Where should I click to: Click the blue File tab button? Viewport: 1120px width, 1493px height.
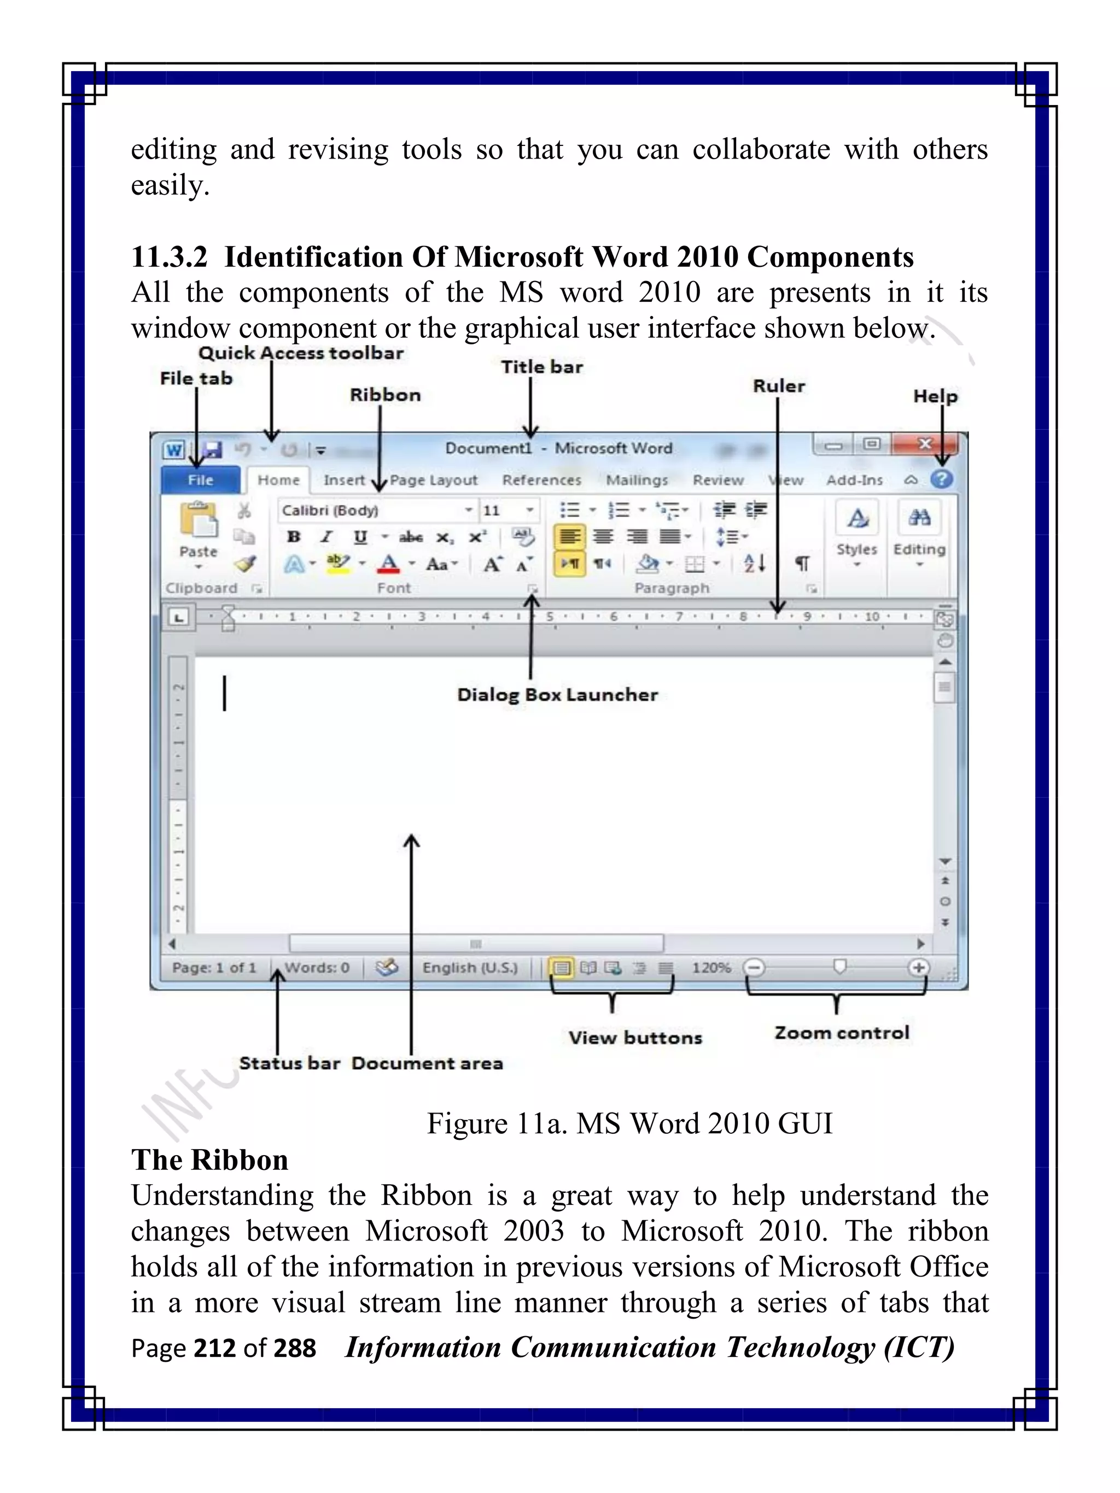point(201,480)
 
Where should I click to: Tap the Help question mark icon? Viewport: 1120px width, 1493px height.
point(941,479)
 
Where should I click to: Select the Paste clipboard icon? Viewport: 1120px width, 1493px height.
point(198,520)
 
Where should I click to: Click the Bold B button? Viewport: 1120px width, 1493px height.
point(293,537)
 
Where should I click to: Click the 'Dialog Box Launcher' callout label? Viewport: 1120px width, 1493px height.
point(557,694)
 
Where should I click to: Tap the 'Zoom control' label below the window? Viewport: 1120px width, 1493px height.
point(841,1033)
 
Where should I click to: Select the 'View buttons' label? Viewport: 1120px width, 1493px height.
point(634,1038)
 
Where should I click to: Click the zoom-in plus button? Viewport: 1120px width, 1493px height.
point(918,968)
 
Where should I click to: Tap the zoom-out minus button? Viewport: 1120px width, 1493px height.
point(754,968)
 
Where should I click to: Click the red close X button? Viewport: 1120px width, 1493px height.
point(924,444)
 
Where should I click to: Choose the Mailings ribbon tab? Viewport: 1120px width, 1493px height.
point(637,480)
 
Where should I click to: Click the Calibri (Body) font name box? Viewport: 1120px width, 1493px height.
point(371,510)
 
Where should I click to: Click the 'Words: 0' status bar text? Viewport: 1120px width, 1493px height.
point(317,968)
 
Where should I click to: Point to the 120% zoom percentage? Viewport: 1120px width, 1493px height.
point(711,968)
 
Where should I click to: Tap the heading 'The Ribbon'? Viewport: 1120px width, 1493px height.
point(209,1160)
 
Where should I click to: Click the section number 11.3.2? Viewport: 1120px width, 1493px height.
point(169,257)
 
